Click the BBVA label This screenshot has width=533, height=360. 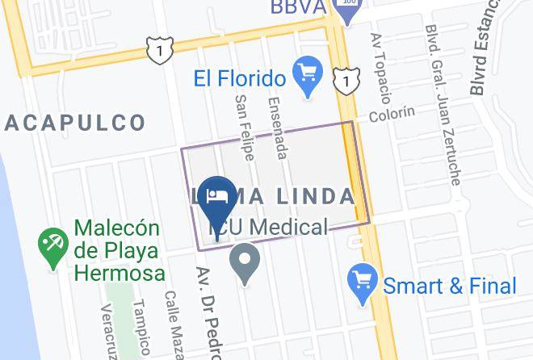point(297,7)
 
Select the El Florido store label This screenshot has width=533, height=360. point(240,78)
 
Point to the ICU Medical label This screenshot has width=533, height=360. point(270,228)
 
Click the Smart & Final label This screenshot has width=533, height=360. point(449,285)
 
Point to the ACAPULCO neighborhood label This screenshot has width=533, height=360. point(74,123)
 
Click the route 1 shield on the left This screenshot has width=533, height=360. point(160,50)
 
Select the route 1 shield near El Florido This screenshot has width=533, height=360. point(346,80)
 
